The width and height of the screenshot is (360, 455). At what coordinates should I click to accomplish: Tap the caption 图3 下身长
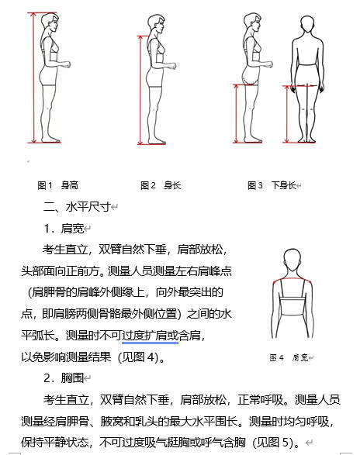pos(273,186)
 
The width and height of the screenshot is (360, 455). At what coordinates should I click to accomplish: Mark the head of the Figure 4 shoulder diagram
pos(293,260)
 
